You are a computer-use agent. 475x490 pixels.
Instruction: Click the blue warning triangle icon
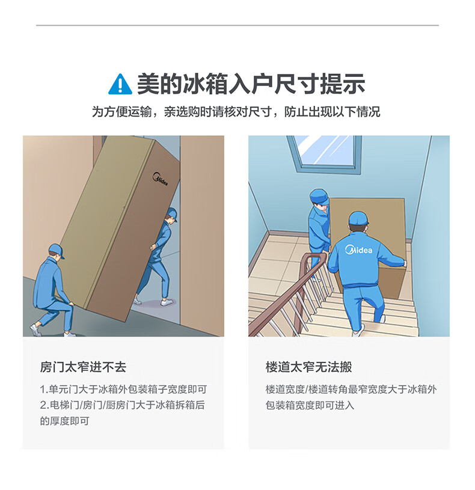[x=120, y=84]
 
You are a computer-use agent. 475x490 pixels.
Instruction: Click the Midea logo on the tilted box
[x=161, y=179]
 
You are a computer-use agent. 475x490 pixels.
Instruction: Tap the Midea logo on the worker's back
[x=358, y=250]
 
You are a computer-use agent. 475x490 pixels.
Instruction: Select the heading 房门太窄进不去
[x=83, y=367]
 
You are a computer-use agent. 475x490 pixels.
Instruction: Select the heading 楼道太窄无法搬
[x=309, y=367]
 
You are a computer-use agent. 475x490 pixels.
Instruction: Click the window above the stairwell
[x=324, y=154]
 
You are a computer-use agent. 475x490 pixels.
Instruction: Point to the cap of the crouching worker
[x=57, y=251]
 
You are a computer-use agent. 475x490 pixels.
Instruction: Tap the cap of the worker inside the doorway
[x=172, y=214]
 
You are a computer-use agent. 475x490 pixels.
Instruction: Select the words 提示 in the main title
[x=343, y=84]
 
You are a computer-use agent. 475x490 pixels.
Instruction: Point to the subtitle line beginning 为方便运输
[x=236, y=112]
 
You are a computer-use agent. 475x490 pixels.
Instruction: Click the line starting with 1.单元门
[x=123, y=390]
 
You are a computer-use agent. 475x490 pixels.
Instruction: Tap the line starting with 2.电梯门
[x=122, y=405]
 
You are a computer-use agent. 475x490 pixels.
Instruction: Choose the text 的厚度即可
[x=65, y=421]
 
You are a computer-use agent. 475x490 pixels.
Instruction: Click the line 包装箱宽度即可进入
[x=310, y=405]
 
